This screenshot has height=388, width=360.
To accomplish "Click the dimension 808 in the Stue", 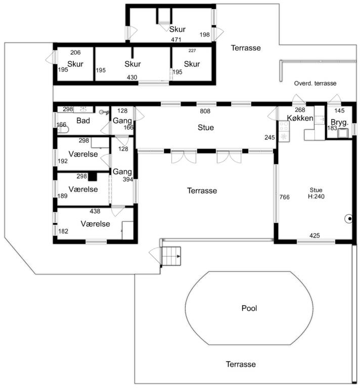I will pyautogui.click(x=205, y=111).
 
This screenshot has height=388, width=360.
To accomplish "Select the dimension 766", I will pyautogui.click(x=285, y=197).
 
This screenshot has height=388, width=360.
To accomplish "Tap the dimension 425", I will pyautogui.click(x=314, y=235).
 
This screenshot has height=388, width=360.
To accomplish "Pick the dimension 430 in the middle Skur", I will pyautogui.click(x=131, y=77).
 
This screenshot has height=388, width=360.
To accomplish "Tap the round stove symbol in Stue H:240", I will pyautogui.click(x=348, y=219).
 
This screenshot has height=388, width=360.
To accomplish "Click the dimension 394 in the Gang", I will pyautogui.click(x=127, y=179).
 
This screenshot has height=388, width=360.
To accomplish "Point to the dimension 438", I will pyautogui.click(x=95, y=211).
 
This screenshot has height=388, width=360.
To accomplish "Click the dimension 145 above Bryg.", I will pyautogui.click(x=339, y=111).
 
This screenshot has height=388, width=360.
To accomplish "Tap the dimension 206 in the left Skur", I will pyautogui.click(x=75, y=52).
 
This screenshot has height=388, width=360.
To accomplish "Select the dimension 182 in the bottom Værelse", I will pyautogui.click(x=63, y=231).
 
